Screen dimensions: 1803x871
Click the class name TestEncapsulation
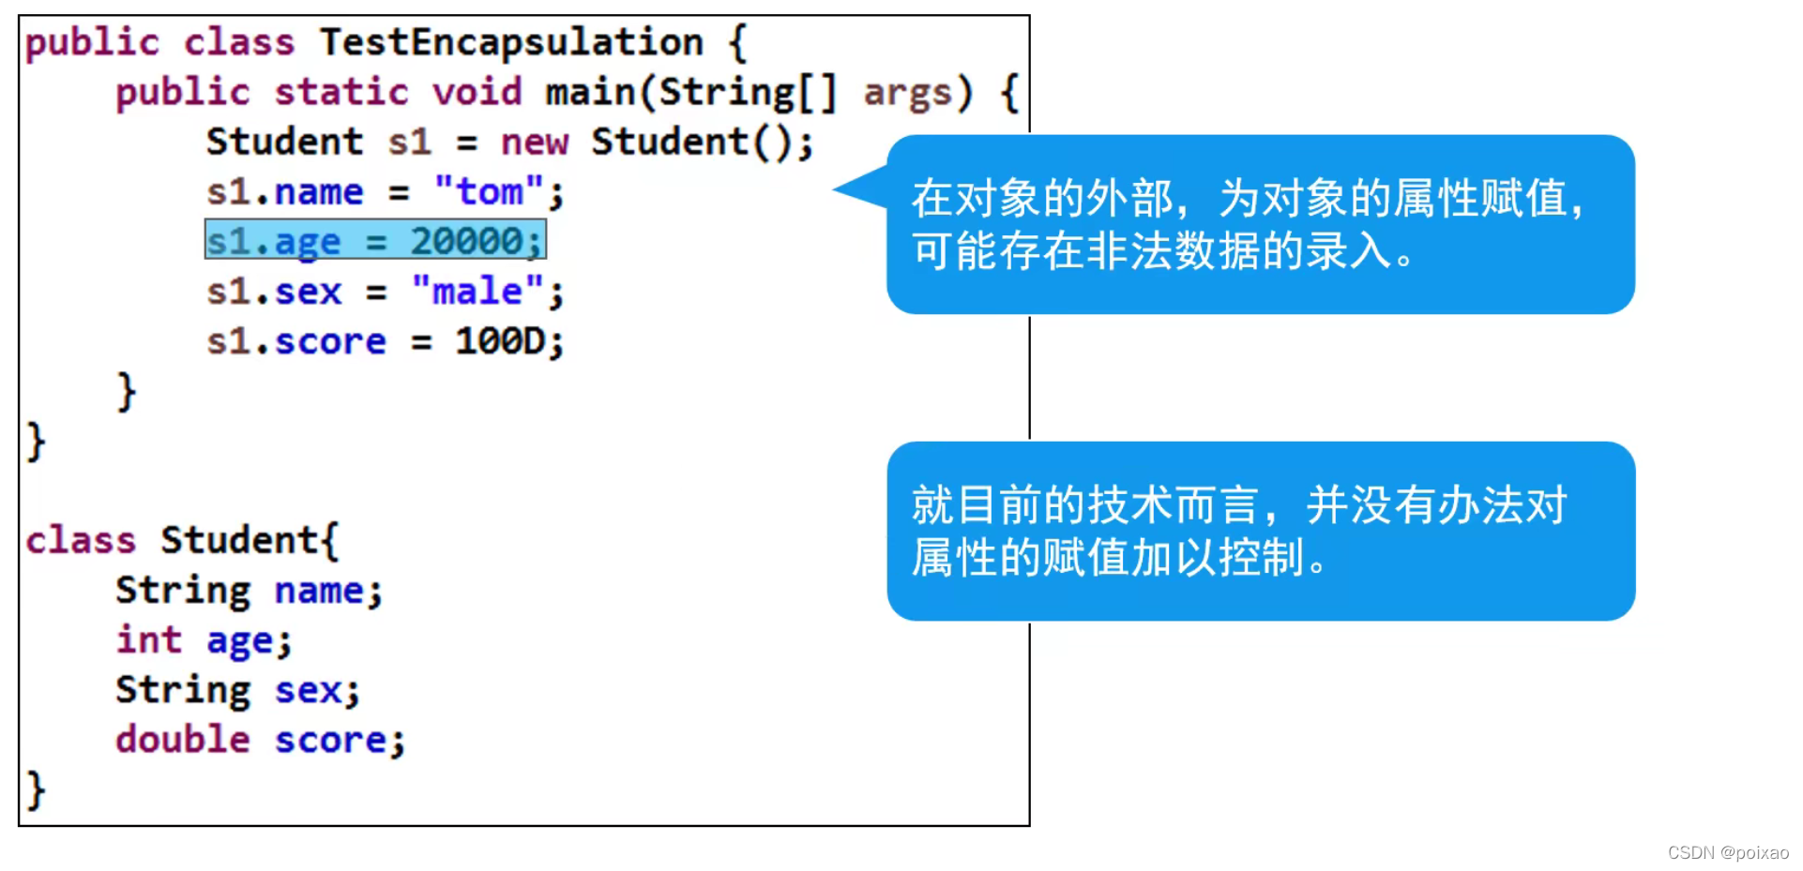coord(511,42)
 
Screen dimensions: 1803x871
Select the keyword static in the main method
coord(341,92)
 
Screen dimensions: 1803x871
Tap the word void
coord(477,92)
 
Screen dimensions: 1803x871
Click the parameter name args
coord(906,93)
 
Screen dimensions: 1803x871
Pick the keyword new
coord(534,143)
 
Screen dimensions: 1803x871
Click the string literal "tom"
coord(489,192)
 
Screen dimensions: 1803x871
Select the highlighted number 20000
coord(466,241)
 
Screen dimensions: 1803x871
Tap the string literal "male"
coord(477,291)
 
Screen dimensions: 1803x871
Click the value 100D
coord(500,341)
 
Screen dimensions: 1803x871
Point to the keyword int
coord(148,640)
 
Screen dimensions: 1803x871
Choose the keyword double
coord(183,740)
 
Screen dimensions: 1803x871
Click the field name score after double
coord(330,740)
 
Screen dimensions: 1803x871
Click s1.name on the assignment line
coord(285,192)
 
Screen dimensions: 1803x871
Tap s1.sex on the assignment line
coord(274,292)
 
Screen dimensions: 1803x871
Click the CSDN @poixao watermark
coord(1727,852)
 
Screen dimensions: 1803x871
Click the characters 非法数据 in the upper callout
coord(1172,251)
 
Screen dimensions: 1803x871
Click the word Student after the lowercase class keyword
coord(240,541)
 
